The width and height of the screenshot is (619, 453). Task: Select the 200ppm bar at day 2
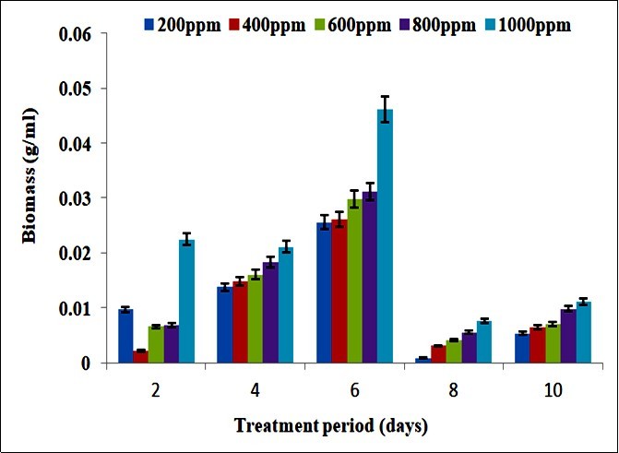coord(125,336)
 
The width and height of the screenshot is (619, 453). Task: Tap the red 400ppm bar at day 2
coord(140,357)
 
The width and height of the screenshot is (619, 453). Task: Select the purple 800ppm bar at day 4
coord(270,313)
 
